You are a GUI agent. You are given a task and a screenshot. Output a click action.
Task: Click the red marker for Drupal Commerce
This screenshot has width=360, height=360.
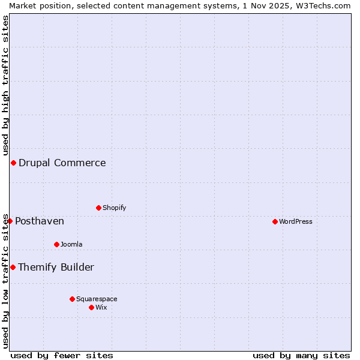pos(13,163)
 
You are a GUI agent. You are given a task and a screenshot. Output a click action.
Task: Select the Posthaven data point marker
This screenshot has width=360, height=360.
pos(10,221)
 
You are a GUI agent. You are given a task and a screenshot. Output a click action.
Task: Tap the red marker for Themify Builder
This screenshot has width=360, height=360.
pos(13,268)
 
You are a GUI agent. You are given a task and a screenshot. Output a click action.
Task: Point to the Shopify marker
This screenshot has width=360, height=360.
pos(98,208)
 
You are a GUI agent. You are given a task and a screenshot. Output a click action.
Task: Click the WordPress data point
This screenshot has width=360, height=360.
pos(275,222)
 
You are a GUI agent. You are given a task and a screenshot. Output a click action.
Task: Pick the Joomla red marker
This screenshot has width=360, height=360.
pos(56,245)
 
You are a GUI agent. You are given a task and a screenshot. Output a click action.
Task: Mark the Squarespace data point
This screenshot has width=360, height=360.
pos(72,299)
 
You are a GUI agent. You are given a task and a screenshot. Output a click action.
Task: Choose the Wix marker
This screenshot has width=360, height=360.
pos(91,308)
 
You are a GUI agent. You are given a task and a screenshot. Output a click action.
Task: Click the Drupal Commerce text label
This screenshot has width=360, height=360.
pos(62,163)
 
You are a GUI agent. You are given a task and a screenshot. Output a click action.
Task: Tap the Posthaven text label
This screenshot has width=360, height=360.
pos(40,221)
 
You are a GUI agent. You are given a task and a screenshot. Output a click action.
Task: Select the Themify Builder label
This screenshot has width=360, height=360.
pos(56,268)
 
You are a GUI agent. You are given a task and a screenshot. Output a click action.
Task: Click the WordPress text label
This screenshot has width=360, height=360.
pos(296,222)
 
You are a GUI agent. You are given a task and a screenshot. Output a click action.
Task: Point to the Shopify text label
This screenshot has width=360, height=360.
pos(115,208)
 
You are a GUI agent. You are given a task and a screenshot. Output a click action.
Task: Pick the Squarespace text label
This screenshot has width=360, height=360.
pos(97,299)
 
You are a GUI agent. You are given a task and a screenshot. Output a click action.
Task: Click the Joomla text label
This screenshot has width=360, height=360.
pos(71,245)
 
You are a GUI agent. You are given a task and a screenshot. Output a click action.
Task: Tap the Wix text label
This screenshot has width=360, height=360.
pos(101,308)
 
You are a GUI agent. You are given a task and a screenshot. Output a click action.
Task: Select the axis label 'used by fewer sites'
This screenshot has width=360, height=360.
pos(62,355)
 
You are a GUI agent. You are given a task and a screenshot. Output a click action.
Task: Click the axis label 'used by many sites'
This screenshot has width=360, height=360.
pos(301,355)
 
